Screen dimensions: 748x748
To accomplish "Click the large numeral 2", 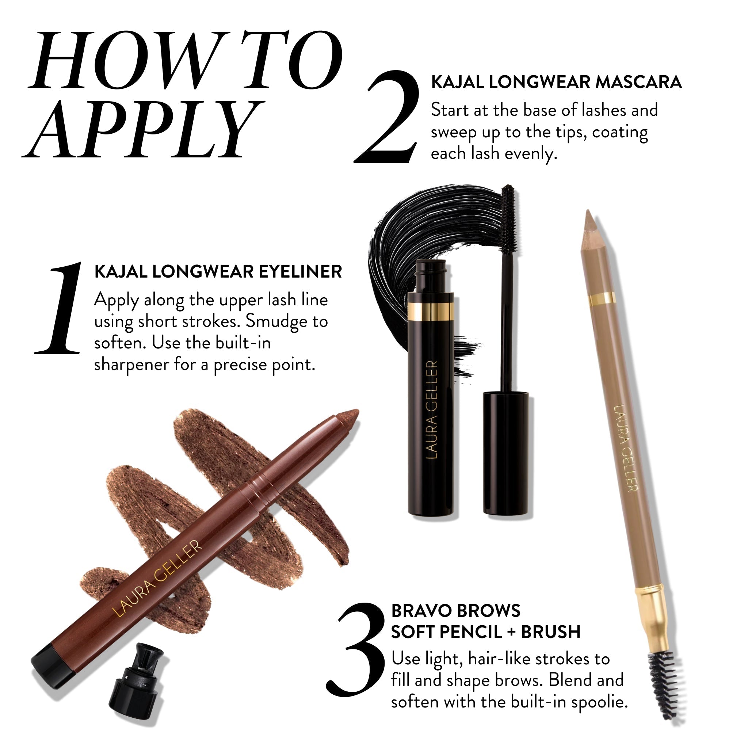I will [x=387, y=118].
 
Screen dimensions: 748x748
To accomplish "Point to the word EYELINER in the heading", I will [x=300, y=272].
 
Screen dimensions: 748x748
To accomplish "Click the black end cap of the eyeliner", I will [x=52, y=667].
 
